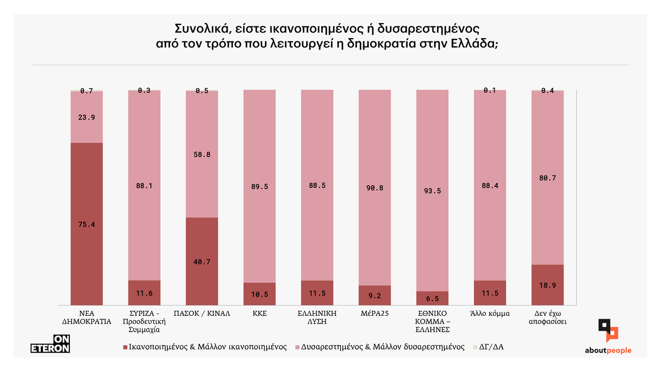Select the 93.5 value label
(x=432, y=191)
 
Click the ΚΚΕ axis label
(x=259, y=314)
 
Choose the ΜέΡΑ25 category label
(x=375, y=314)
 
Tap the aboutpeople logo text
(x=608, y=351)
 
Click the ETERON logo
(x=50, y=344)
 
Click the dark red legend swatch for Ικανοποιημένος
(x=124, y=348)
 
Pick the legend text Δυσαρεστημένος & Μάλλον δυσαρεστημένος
(x=381, y=347)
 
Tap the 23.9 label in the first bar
(x=86, y=117)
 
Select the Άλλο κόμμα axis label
(x=490, y=314)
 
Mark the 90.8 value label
(x=375, y=188)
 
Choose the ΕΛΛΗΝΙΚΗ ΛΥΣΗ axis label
(x=317, y=317)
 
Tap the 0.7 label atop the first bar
(x=86, y=91)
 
